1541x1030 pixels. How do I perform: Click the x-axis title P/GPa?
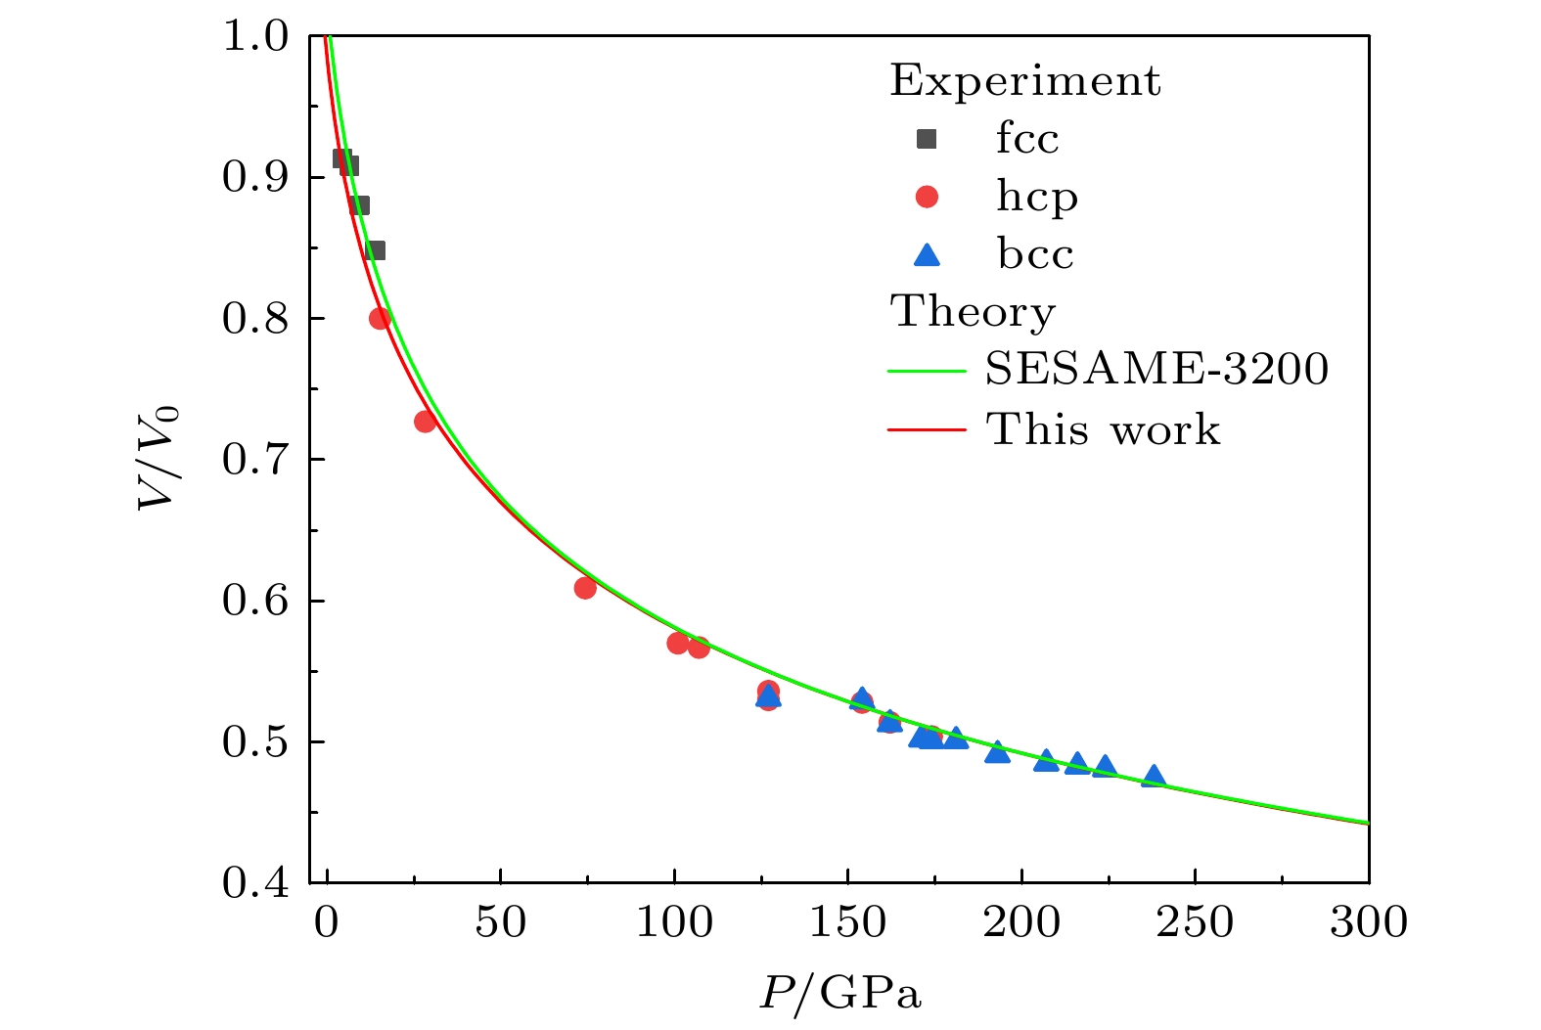840,994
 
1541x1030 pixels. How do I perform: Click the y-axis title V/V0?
159,459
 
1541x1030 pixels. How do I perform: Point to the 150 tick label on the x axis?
847,922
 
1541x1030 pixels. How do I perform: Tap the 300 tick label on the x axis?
1368,922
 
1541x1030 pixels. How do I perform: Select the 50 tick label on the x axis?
500,922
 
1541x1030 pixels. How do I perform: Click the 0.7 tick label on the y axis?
255,460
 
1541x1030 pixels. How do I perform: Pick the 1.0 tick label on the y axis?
255,37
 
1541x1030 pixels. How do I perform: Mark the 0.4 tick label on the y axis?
255,883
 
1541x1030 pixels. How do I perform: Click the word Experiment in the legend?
1024,81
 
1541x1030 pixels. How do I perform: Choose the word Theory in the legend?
973,312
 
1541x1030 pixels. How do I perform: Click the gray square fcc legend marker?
926,139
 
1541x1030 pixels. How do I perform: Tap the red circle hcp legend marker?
926,197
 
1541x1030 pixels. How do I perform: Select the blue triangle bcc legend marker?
926,255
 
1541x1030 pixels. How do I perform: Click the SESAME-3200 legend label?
1156,370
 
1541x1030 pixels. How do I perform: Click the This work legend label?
1103,429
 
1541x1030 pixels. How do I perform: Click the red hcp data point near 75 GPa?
585,588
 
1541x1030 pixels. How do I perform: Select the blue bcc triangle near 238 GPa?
1154,777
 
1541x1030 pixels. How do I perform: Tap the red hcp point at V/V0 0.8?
380,318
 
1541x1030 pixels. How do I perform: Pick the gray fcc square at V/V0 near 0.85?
375,250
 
